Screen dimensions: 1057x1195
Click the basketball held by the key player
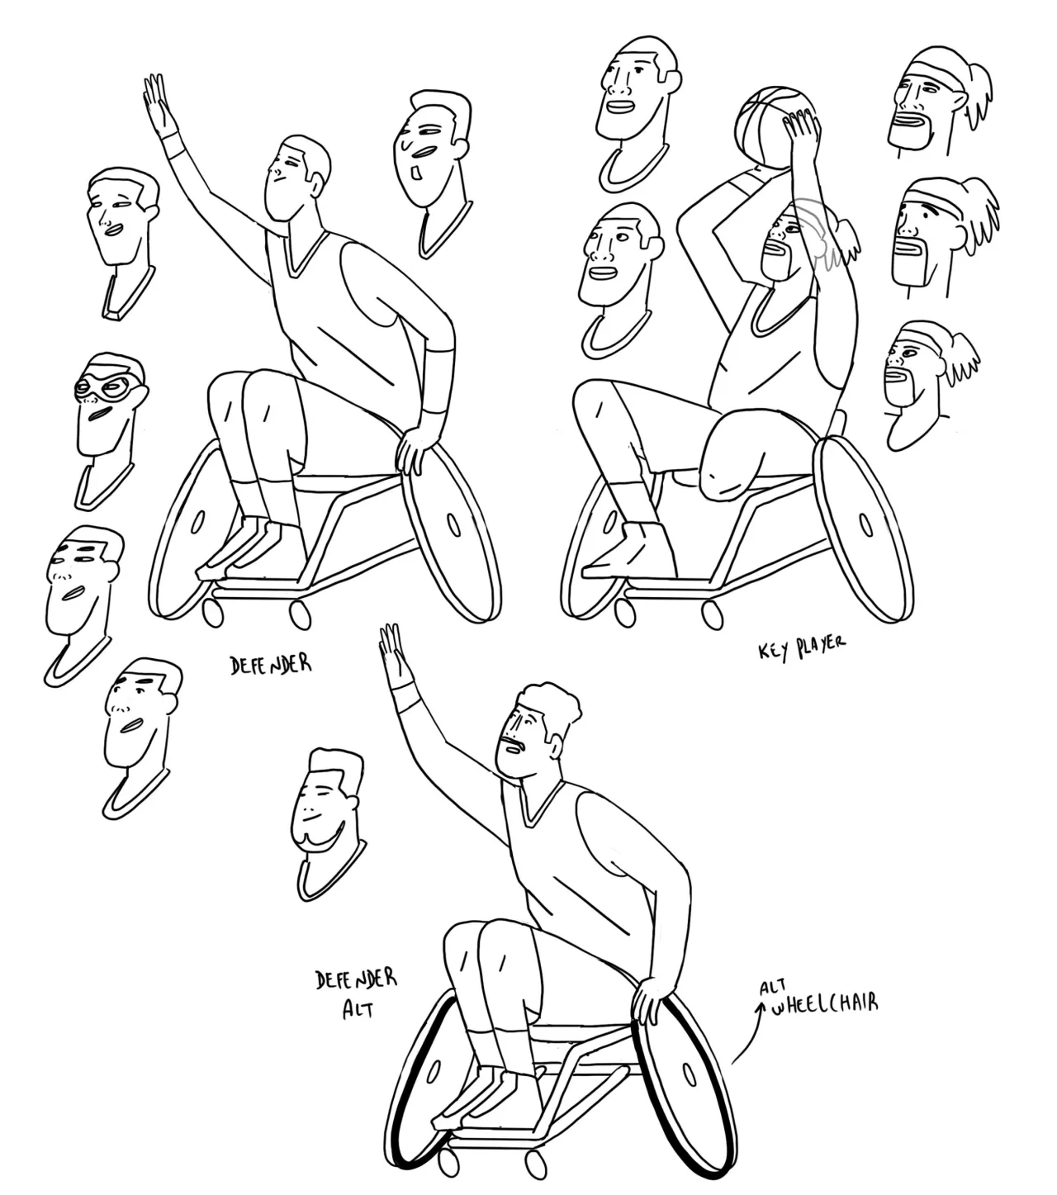coord(773,127)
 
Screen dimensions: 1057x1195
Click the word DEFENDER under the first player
coord(271,665)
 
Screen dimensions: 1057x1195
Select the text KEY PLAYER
coord(802,648)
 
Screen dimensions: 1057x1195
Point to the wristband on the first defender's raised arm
coord(173,145)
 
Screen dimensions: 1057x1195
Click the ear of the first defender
coord(317,185)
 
